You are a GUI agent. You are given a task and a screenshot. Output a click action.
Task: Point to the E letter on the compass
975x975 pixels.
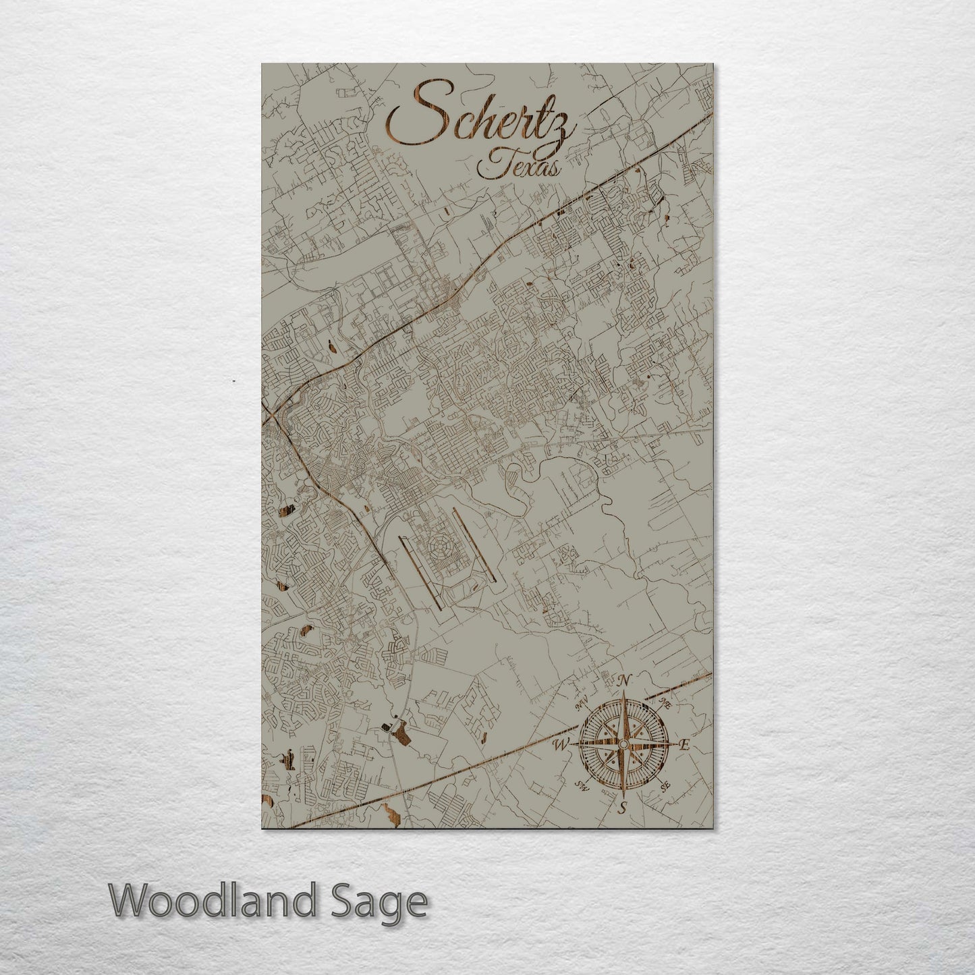(x=684, y=745)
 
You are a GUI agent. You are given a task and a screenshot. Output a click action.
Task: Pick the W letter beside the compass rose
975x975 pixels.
(x=560, y=745)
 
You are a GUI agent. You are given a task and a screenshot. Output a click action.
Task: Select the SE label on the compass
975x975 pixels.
(x=665, y=786)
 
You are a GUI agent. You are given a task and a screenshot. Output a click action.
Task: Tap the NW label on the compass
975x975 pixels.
(x=581, y=706)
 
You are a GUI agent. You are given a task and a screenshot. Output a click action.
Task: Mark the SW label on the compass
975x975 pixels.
(x=582, y=785)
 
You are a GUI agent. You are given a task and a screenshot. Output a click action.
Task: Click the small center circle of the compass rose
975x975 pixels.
(x=623, y=744)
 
